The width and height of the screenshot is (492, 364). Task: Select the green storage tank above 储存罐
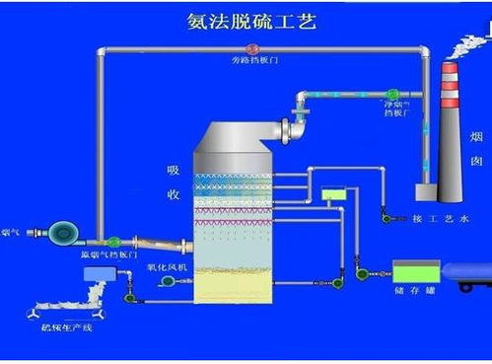416,269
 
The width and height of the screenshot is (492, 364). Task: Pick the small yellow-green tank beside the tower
334,194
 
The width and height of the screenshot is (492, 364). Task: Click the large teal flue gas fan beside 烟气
65,233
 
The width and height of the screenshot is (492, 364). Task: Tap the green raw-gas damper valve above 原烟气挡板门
114,241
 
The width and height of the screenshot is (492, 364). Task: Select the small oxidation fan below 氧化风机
169,283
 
